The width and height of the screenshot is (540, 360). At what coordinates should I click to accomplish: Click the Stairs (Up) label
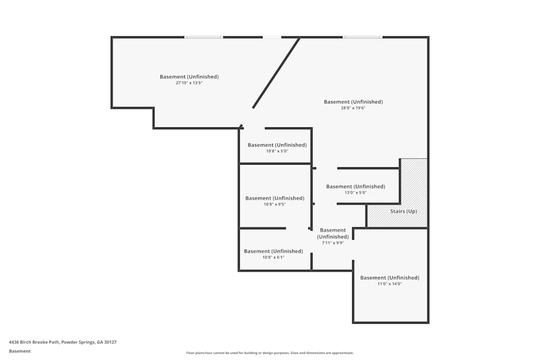[x=403, y=211]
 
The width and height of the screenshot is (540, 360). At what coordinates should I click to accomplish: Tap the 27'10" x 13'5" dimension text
[x=189, y=83]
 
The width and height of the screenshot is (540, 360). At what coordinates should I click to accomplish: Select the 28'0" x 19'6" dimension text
[x=353, y=108]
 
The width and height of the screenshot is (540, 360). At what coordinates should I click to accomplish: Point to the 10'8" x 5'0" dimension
[x=276, y=151]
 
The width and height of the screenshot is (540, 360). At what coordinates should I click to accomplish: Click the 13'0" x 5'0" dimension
[x=355, y=193]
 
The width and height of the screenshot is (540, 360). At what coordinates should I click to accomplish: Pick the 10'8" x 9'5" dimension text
[x=274, y=205]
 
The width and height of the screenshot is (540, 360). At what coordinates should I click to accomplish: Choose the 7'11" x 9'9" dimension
[x=333, y=243]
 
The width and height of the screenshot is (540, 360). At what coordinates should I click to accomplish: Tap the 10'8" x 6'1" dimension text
[x=273, y=257]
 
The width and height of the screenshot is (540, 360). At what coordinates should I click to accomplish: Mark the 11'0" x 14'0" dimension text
[x=389, y=284]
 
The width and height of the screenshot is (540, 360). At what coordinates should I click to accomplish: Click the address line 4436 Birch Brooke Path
[x=63, y=342]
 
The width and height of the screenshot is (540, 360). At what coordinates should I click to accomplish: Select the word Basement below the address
[x=19, y=351]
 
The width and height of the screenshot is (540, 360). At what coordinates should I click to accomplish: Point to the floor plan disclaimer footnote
[x=270, y=353]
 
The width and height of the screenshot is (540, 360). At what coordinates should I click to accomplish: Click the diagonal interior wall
[x=276, y=73]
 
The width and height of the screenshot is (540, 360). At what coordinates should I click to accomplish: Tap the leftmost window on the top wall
[x=204, y=37]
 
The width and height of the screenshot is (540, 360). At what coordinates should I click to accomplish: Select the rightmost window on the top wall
[x=363, y=37]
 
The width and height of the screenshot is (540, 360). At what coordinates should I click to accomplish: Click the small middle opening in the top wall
[x=272, y=37]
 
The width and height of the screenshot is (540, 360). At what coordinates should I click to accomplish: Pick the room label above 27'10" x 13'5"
[x=189, y=77]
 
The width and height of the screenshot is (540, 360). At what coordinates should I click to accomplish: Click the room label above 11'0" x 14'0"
[x=389, y=278]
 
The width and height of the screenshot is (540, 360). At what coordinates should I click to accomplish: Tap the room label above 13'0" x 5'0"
[x=355, y=187]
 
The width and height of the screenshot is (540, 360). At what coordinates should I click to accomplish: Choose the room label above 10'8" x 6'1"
[x=273, y=251]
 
